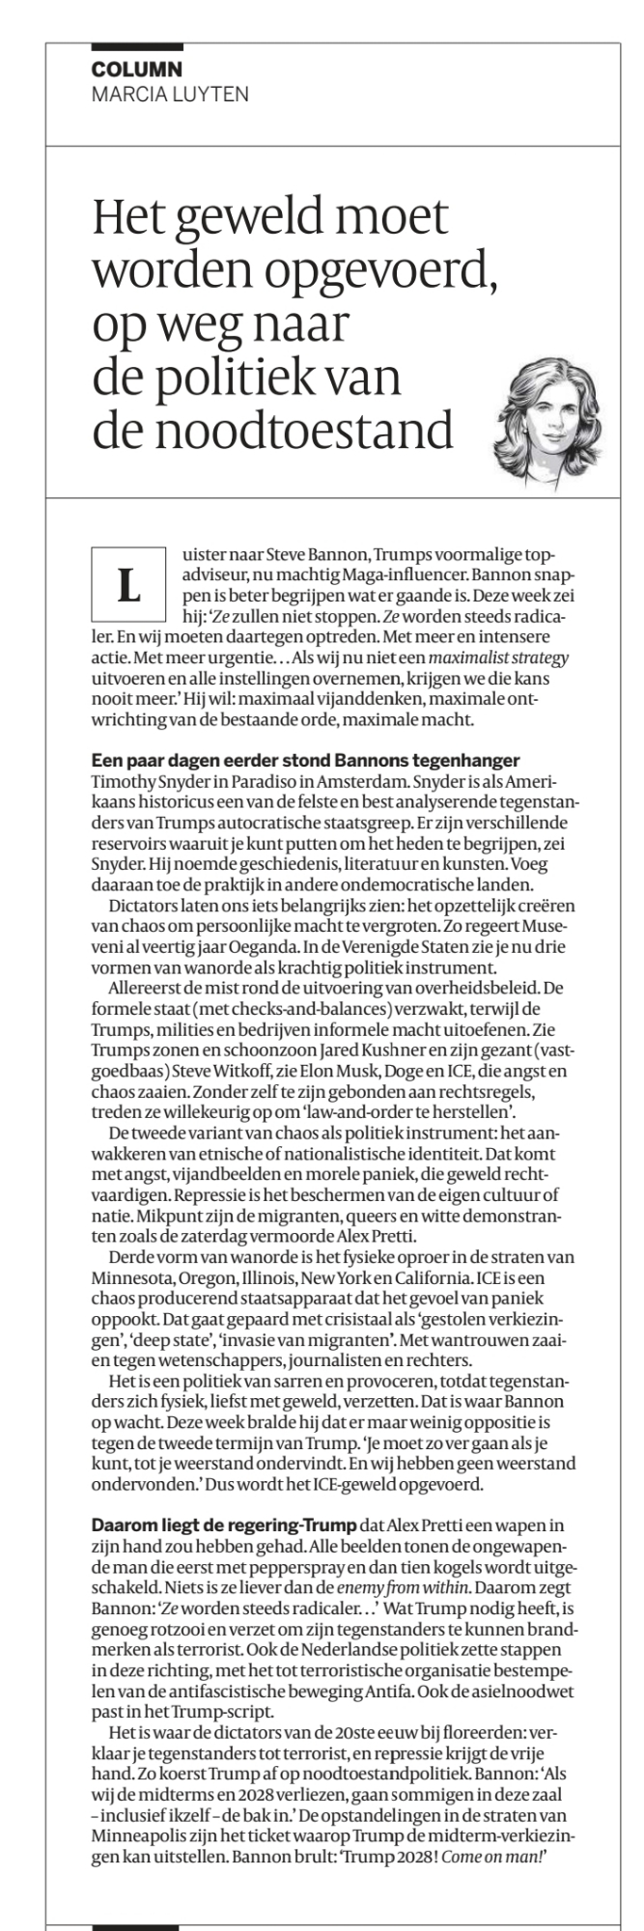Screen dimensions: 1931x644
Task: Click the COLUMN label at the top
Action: (136, 70)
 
